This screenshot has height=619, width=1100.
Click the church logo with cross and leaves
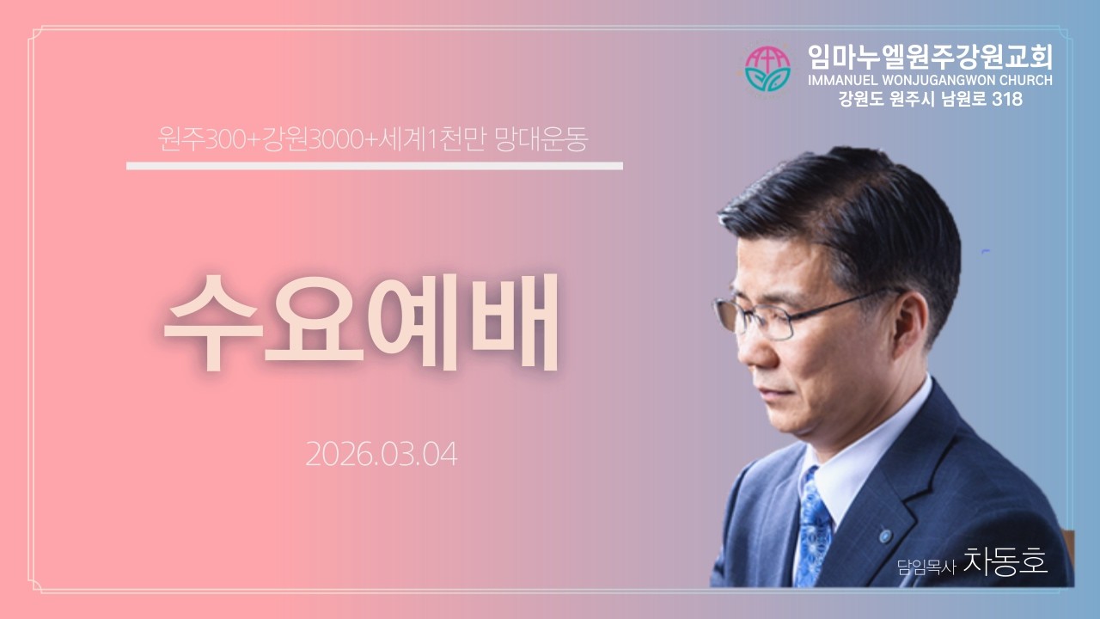[x=767, y=69]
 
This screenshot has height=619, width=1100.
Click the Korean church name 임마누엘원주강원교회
[x=930, y=57]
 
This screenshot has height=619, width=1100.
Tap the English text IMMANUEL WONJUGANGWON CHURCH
[x=930, y=81]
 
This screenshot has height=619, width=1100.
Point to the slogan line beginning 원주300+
[x=373, y=140]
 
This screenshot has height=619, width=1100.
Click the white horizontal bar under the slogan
[x=374, y=166]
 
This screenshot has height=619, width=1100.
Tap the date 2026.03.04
[x=381, y=454]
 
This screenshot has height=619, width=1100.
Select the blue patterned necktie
[x=811, y=524]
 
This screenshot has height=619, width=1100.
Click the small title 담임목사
[x=926, y=567]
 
